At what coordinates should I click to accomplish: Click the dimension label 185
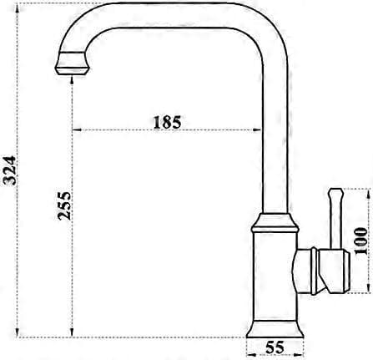(x=167, y=122)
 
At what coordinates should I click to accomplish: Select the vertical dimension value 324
(x=11, y=170)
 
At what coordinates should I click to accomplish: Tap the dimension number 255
(x=64, y=205)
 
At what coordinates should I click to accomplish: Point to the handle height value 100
(x=360, y=241)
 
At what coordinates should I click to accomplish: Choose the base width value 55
(x=275, y=347)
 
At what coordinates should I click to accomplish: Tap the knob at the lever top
(x=336, y=194)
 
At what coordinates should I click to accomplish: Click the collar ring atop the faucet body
(x=275, y=223)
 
